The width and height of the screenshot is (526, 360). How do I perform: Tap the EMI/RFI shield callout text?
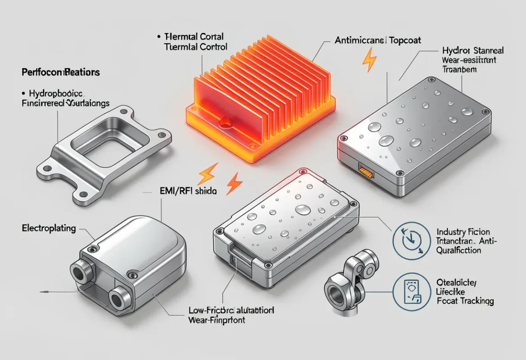[x=186, y=191]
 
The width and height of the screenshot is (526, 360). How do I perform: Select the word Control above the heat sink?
[x=211, y=46]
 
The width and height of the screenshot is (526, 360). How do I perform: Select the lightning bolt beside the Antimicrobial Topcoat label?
[x=370, y=59]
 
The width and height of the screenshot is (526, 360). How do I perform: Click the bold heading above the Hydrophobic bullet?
[x=60, y=72]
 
